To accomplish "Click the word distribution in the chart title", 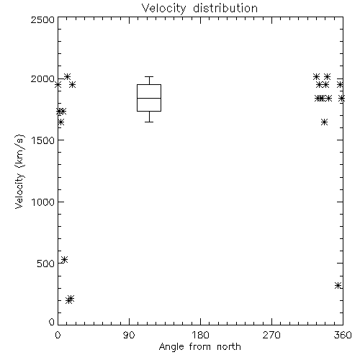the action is [225, 8].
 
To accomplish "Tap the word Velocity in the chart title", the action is [164, 9].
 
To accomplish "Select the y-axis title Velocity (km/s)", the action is [19, 171].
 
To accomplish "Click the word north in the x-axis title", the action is [229, 346].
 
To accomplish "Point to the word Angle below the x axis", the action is [171, 347].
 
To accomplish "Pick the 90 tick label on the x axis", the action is [129, 335].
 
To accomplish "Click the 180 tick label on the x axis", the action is [200, 335].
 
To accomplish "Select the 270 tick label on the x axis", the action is [271, 335].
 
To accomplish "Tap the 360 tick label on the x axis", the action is [343, 335].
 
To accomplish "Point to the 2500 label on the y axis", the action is [42, 19].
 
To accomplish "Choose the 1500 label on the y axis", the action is [42, 140].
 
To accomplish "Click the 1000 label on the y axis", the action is [42, 202].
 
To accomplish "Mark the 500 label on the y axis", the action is [46, 264].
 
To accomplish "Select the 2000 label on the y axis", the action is [42, 79].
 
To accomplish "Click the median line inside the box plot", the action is [149, 98].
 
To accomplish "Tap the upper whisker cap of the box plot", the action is [149, 77].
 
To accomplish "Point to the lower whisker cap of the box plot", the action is [149, 122].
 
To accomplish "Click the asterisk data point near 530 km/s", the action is [64, 259].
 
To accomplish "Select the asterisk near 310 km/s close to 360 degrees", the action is [338, 285].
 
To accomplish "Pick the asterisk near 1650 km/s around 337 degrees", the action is [324, 122].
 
